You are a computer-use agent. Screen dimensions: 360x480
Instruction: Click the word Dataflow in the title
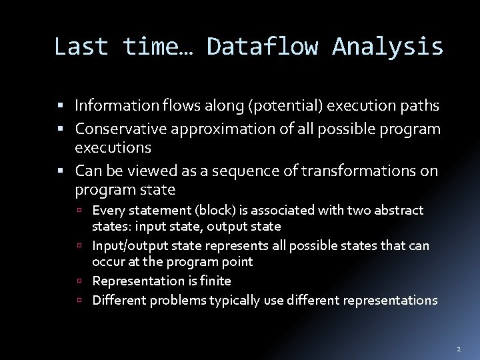262,47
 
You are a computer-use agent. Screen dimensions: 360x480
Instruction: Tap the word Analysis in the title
387,47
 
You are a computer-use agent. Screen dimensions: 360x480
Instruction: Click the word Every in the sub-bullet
107,211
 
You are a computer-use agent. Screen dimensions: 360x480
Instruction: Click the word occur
108,262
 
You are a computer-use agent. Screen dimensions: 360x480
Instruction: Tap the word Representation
135,281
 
